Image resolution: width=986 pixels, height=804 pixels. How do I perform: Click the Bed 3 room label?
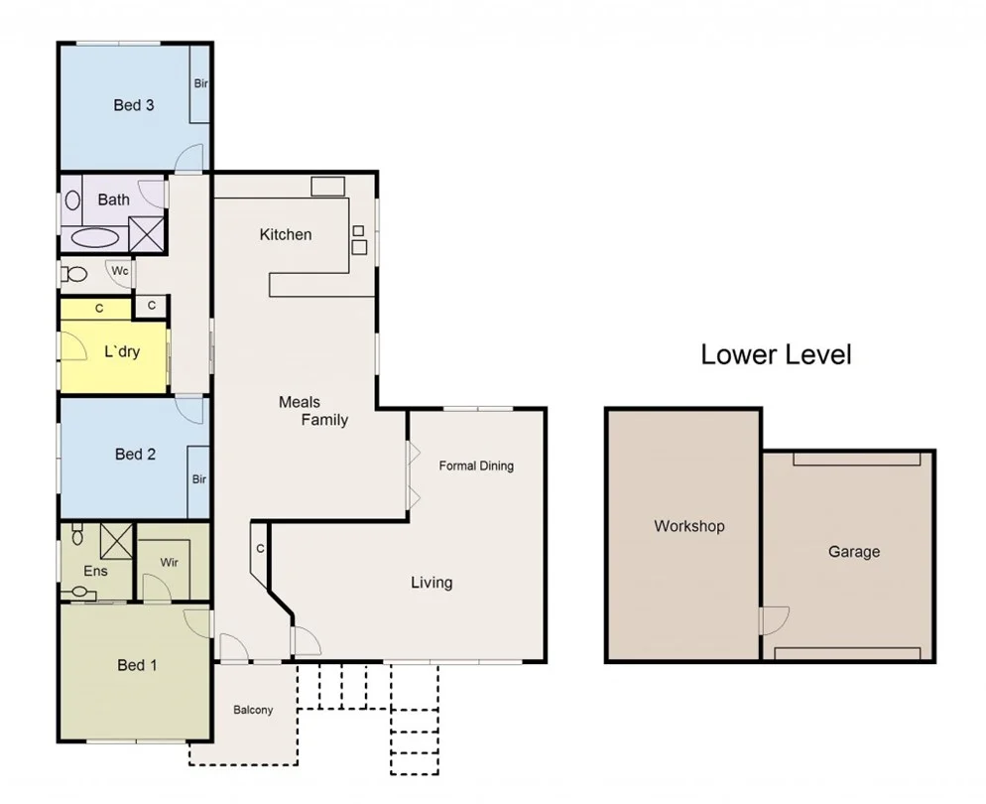point(133,104)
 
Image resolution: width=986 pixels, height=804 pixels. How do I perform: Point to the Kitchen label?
point(286,234)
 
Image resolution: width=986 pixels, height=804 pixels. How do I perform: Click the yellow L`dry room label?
point(122,351)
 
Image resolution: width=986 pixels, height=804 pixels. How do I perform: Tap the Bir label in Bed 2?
point(198,479)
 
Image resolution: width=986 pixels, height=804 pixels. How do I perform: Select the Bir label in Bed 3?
point(200,83)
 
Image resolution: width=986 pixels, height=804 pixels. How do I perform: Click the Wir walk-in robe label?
point(169,562)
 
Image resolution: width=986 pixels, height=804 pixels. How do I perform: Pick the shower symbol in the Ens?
point(116,541)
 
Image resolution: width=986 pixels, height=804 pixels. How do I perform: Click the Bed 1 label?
point(137,665)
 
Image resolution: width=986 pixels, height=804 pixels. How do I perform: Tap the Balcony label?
point(253,710)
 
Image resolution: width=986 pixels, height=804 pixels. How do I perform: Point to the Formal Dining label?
point(476,466)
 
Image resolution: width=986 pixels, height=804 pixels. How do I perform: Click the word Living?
point(431,582)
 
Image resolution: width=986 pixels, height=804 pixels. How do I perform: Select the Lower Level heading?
point(776,354)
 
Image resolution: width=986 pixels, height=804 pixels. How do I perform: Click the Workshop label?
point(688,526)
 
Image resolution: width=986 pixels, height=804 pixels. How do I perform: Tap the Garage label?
point(853,551)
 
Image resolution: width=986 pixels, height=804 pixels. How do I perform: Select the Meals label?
point(299,402)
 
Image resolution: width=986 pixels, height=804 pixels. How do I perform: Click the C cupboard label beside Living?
point(260,548)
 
